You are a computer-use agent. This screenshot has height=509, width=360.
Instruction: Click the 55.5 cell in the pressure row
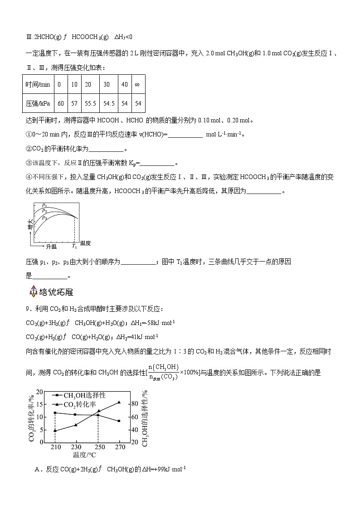[x=90, y=103]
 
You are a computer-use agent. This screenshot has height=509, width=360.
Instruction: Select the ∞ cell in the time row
[x=137, y=85]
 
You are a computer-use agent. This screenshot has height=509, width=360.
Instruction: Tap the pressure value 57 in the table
[x=74, y=103]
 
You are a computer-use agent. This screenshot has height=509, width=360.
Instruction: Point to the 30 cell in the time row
[x=107, y=85]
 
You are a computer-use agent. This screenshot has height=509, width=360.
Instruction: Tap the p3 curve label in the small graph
[x=44, y=218]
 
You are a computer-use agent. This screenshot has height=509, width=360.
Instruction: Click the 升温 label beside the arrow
[x=51, y=246]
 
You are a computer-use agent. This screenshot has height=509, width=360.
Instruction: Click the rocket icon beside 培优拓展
[x=33, y=291]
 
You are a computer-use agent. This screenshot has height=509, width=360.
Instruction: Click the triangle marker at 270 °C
[x=119, y=402]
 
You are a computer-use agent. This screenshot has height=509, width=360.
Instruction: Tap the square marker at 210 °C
[x=55, y=413]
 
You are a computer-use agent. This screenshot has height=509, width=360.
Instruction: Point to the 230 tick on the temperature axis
[x=76, y=447]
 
